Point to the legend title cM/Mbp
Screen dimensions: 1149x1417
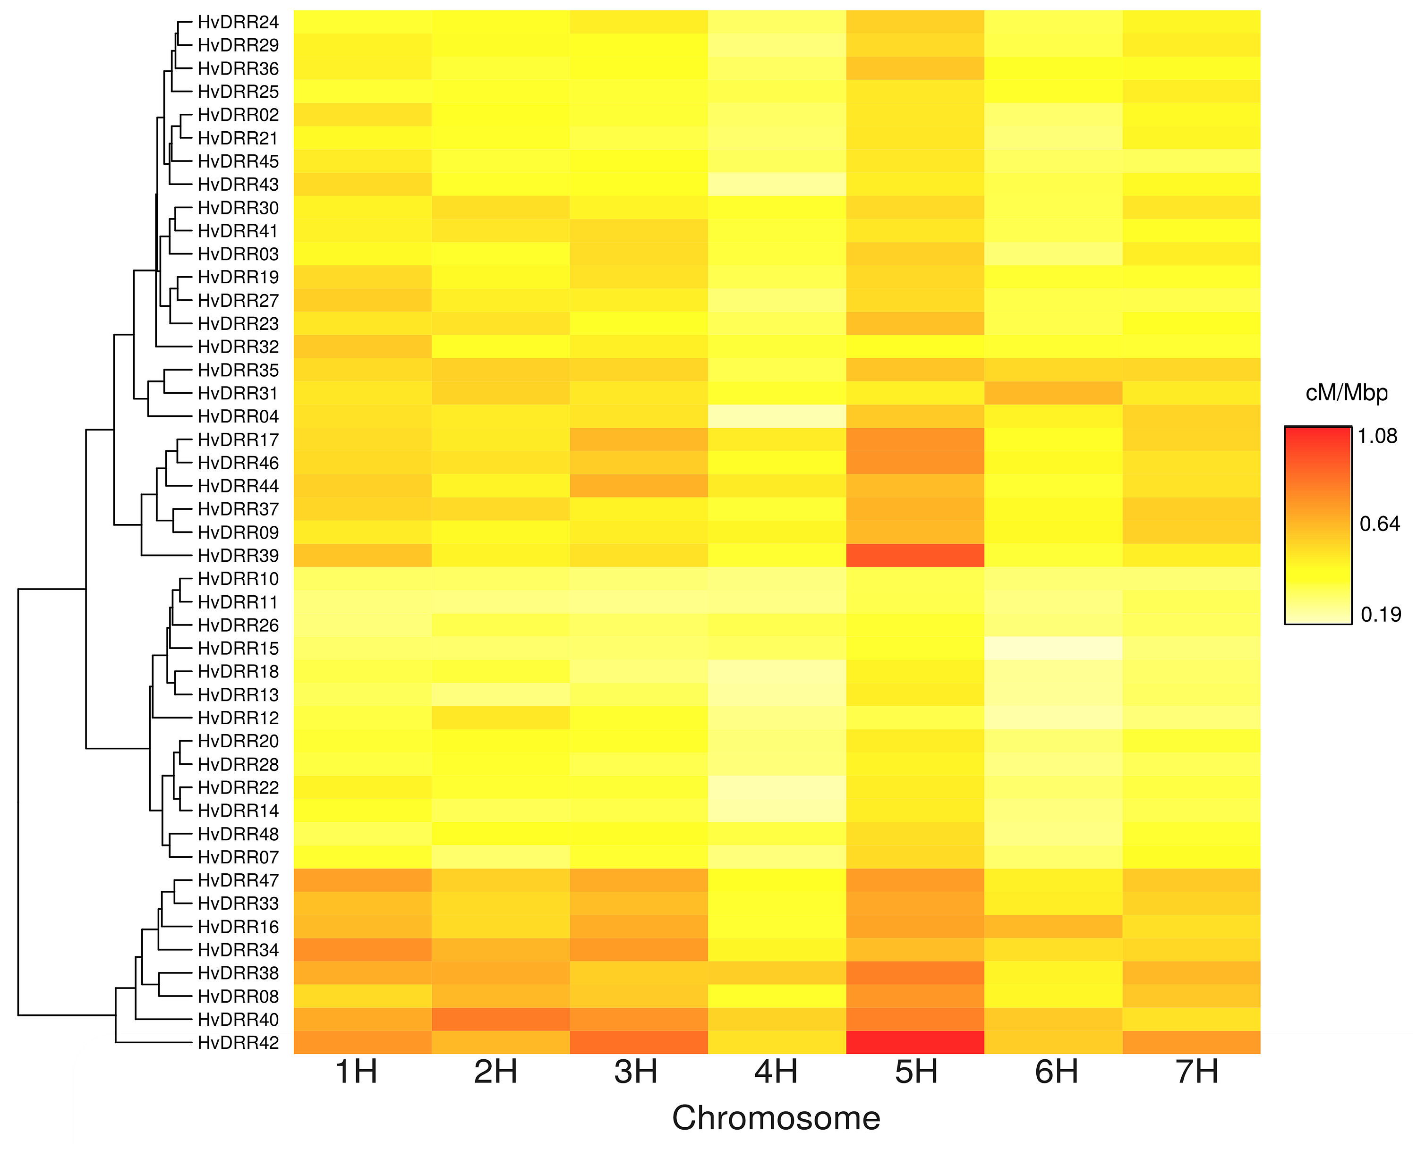pyautogui.click(x=1347, y=393)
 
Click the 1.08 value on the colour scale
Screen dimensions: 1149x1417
pyautogui.click(x=1377, y=436)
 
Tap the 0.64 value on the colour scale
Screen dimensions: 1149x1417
pyautogui.click(x=1379, y=524)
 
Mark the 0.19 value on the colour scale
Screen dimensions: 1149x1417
pyautogui.click(x=1381, y=615)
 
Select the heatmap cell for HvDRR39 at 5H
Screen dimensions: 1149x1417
pyautogui.click(x=915, y=555)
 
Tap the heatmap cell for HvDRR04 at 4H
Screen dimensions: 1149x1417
pyautogui.click(x=777, y=416)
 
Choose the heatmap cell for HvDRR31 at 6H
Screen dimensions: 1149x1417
pyautogui.click(x=1053, y=393)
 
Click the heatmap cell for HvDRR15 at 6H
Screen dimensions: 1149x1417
pyautogui.click(x=1053, y=649)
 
